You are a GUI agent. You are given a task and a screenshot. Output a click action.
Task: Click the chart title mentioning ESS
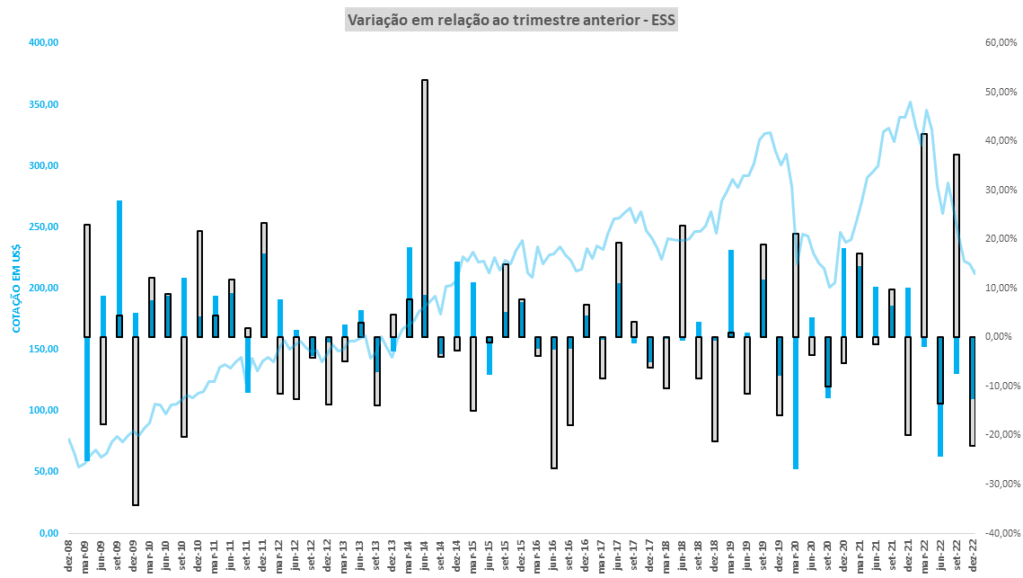coord(510,20)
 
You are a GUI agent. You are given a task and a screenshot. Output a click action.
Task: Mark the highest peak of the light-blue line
coord(910,102)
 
